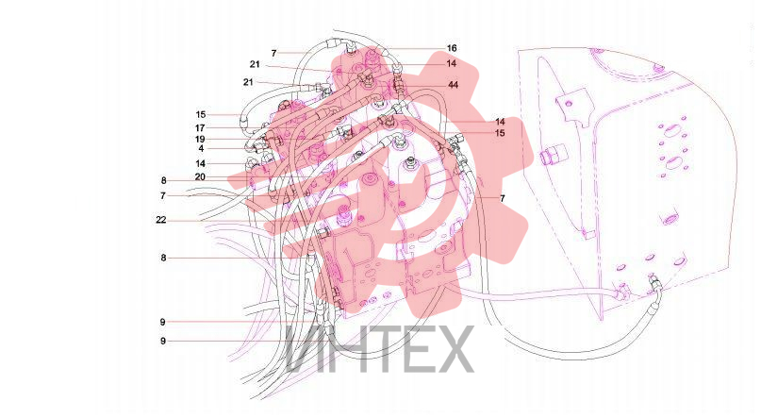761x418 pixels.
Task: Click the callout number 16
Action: (x=452, y=48)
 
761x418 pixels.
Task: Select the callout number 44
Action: (x=453, y=85)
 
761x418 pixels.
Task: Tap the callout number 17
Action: (x=200, y=128)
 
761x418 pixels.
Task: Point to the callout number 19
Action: (x=200, y=140)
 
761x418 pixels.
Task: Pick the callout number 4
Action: (x=201, y=148)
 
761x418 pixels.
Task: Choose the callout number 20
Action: (x=200, y=177)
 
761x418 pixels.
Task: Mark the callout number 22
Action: (x=161, y=220)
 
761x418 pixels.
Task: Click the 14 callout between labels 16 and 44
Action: (x=452, y=63)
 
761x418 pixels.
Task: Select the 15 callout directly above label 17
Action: (x=201, y=114)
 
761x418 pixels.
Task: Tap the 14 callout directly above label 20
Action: (x=201, y=163)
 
